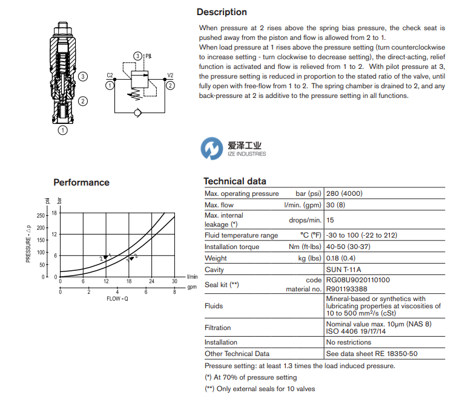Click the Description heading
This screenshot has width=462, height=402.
(222, 12)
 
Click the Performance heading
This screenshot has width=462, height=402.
(81, 183)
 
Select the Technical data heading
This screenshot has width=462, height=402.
(235, 181)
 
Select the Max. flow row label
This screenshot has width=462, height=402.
(220, 205)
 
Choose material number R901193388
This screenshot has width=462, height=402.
(347, 289)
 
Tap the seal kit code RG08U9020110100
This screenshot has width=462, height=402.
(358, 280)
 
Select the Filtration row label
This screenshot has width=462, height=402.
(217, 328)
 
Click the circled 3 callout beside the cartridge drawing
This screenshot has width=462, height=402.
(84, 77)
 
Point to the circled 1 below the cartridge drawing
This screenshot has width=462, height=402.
(63, 129)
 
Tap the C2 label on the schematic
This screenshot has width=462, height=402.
(110, 76)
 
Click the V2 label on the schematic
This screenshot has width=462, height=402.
(170, 76)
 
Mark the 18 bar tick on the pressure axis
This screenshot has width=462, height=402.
(54, 213)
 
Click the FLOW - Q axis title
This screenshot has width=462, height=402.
(117, 299)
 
